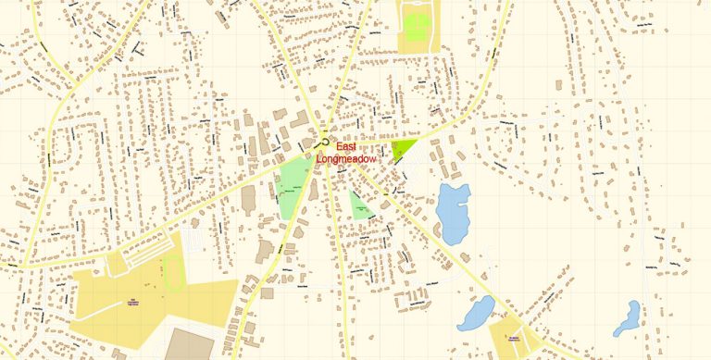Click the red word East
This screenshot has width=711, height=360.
coord(345,147)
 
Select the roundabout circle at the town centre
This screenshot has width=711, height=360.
coord(324,142)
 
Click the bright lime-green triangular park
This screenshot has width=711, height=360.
coord(403,148)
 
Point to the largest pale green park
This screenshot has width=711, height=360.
coord(293,183)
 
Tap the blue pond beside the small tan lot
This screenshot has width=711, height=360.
coord(476,314)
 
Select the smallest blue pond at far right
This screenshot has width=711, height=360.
coord(629,316)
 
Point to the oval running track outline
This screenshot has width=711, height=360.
coord(173,272)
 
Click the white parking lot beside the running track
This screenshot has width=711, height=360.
coord(193,242)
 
